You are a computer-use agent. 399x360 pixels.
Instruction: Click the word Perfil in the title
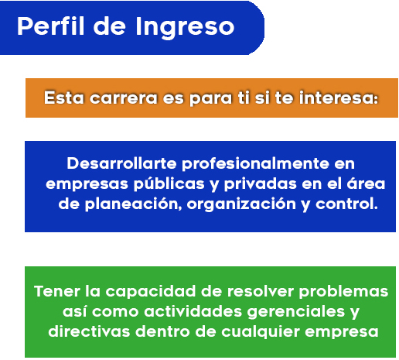(51, 26)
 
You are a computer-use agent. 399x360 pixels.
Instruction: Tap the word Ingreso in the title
(185, 28)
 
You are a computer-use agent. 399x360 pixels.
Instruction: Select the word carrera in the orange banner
(124, 98)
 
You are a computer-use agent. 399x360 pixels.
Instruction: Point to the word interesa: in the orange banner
(339, 98)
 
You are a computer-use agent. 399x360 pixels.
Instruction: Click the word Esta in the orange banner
(64, 98)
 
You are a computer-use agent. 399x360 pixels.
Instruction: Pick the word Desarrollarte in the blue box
(121, 163)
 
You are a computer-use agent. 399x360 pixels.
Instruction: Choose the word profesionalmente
(255, 164)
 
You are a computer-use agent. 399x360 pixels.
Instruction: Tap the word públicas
(169, 184)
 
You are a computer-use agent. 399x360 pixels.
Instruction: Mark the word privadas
(260, 184)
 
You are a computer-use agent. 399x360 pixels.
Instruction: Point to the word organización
(241, 204)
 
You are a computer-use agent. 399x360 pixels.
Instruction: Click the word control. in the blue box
(346, 204)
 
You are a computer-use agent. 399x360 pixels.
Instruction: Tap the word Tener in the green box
(57, 291)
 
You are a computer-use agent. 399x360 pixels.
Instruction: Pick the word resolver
(261, 291)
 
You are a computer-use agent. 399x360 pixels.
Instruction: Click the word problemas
(343, 292)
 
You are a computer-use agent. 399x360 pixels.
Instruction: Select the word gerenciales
(296, 312)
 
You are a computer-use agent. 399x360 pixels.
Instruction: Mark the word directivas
(89, 331)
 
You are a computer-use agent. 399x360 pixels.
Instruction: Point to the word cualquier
(261, 332)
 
